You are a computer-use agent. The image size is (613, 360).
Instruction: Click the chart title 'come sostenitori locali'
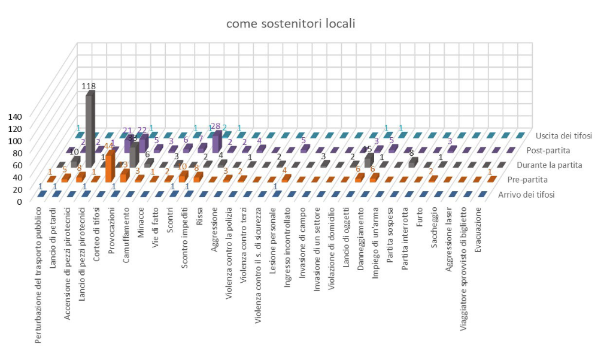(x=290, y=24)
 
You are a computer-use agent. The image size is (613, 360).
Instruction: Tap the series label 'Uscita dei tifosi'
(x=564, y=136)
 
